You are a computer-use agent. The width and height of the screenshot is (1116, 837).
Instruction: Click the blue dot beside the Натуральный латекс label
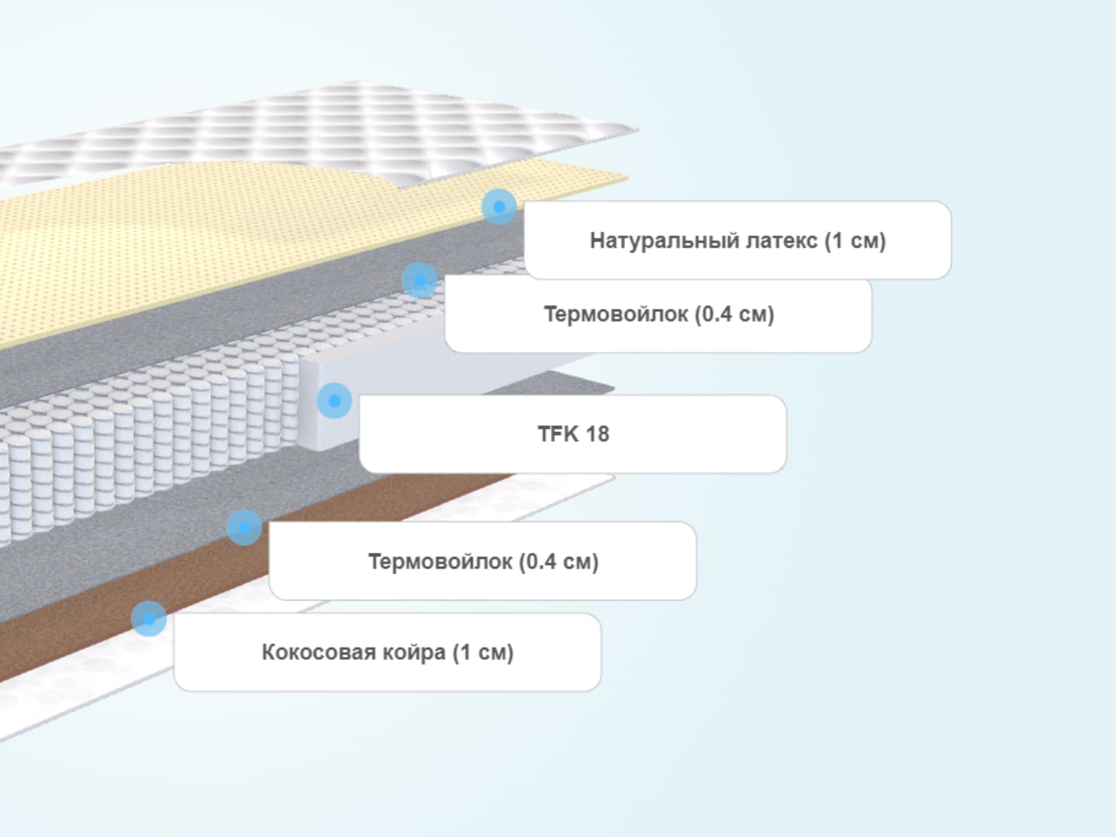click(x=499, y=207)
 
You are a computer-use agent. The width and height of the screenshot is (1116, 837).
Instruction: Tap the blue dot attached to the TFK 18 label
click(x=334, y=401)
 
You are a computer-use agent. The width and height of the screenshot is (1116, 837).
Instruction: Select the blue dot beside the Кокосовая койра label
click(x=149, y=619)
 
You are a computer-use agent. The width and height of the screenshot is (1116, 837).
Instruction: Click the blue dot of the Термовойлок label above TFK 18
click(x=420, y=280)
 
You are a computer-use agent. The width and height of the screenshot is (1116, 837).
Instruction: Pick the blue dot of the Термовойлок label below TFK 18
click(x=244, y=528)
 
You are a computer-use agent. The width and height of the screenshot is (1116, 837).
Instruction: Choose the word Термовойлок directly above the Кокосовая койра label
click(x=440, y=561)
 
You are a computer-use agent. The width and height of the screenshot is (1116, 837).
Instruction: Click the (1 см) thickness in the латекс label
click(x=855, y=241)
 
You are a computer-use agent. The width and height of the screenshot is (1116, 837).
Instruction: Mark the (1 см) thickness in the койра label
click(x=483, y=652)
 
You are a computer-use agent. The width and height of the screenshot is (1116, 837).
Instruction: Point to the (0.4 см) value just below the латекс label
click(x=734, y=314)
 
